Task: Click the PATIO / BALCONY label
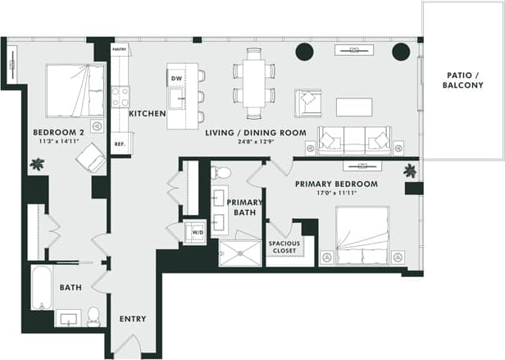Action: point(462,80)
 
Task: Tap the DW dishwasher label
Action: point(176,78)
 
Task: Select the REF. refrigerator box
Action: point(119,144)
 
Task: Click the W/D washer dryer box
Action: point(198,231)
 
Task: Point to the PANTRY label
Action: point(120,49)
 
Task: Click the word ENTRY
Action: point(133,319)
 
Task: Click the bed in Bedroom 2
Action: point(75,89)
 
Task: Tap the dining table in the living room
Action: point(255,81)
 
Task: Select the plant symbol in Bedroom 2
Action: point(37,164)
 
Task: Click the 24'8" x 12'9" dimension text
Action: point(255,142)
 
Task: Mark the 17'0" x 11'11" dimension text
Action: point(336,195)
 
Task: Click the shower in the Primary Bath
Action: point(239,252)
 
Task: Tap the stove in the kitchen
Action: point(120,98)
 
